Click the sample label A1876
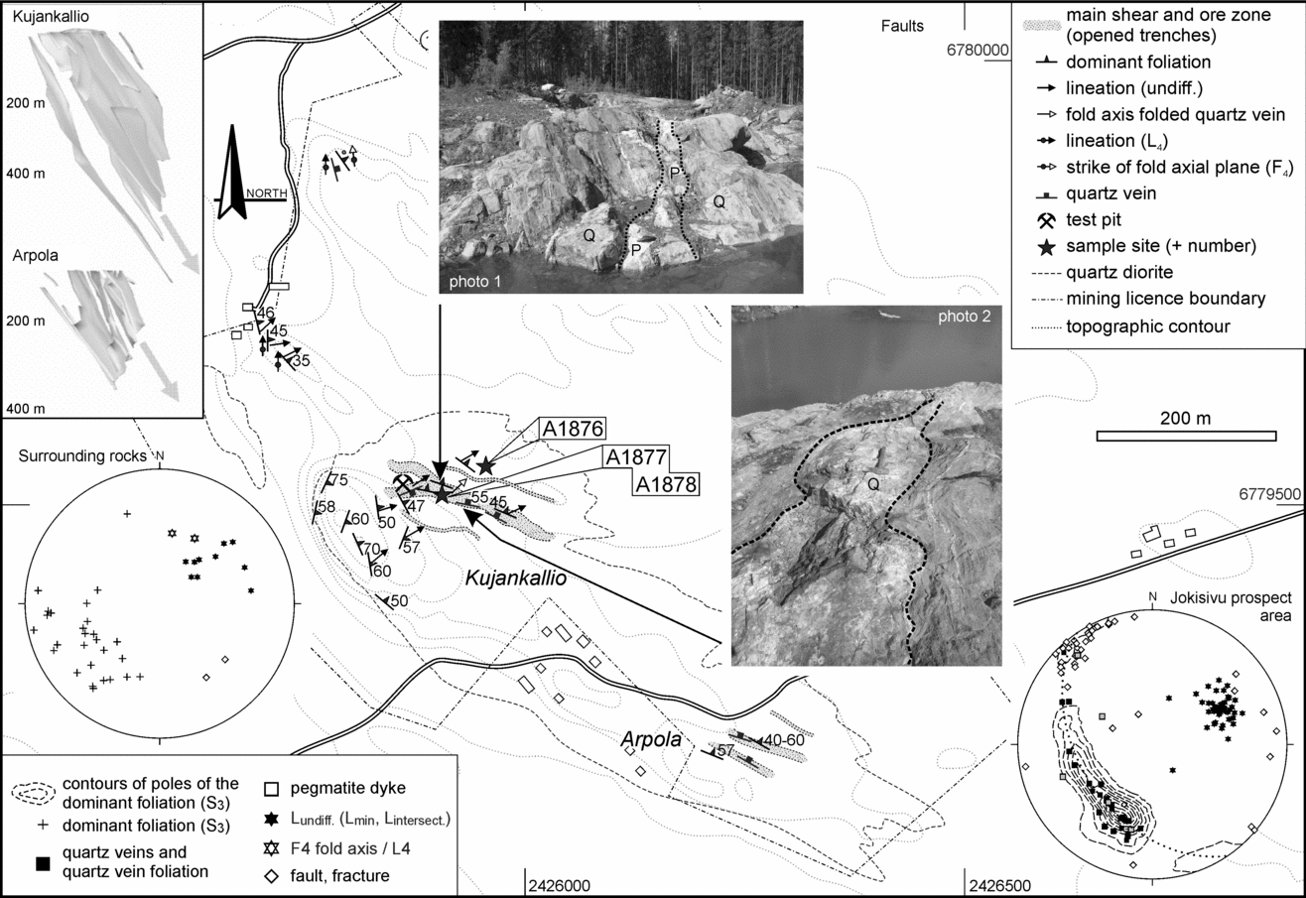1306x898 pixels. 573,429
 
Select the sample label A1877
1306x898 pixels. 634,457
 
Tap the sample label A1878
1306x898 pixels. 665,484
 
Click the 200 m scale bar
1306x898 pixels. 1185,435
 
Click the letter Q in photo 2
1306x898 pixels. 872,485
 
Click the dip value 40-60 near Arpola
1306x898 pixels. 785,740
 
